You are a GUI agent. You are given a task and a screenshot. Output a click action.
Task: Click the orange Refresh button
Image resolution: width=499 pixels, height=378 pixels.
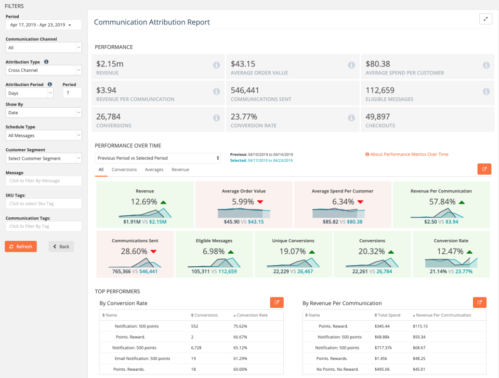21,246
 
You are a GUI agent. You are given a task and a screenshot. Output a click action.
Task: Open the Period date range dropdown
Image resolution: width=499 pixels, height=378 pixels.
44,25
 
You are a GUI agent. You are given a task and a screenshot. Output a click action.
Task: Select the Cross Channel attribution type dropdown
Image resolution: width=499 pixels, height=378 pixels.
44,70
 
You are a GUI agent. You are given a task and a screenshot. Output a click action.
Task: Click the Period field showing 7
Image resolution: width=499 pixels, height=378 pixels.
72,93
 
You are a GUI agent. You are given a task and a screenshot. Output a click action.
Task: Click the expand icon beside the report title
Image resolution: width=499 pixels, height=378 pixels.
485,19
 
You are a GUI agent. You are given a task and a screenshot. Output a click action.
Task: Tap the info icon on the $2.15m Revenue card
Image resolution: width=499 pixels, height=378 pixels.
216,65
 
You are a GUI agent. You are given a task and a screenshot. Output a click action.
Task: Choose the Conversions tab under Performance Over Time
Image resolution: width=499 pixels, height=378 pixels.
124,170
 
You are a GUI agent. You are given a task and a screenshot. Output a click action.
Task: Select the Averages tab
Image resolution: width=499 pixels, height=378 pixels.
154,170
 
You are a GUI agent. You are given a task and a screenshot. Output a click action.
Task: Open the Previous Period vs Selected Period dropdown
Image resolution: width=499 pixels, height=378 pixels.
159,158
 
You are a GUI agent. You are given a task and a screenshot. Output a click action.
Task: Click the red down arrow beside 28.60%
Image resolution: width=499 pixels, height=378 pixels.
153,252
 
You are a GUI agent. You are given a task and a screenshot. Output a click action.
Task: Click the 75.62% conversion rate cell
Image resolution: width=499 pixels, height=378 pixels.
240,326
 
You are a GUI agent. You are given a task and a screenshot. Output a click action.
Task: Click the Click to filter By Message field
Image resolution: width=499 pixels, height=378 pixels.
44,181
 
